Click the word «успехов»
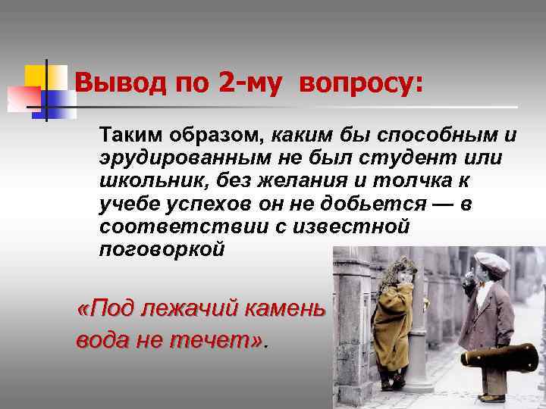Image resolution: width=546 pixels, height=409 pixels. (x=199, y=204)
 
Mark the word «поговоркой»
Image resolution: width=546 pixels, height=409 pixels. (x=162, y=250)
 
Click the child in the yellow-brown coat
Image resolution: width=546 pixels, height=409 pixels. (x=394, y=318)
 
